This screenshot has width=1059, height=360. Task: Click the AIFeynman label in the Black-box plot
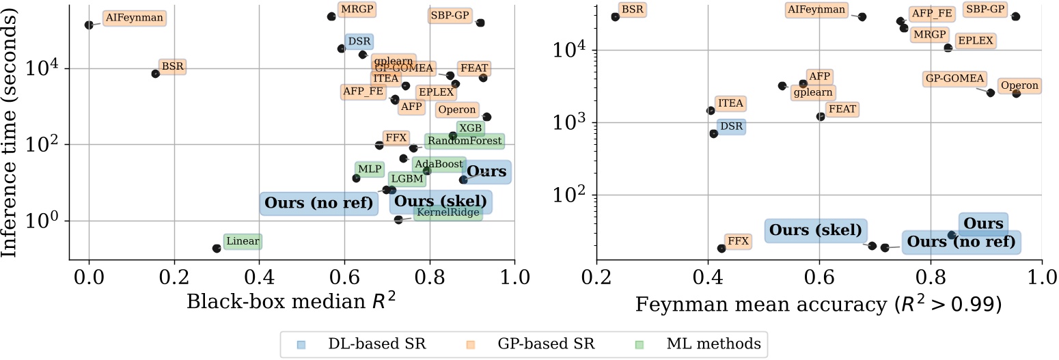[x=134, y=18]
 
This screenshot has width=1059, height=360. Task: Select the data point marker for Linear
[x=217, y=248]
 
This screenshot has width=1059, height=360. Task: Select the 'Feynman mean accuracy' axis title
[x=819, y=304]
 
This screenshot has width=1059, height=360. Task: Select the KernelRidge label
[x=448, y=212]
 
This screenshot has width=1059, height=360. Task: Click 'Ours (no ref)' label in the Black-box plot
[x=319, y=203]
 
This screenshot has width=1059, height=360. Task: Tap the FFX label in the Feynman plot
[x=738, y=240]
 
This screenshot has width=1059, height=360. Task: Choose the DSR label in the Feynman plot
[x=732, y=126]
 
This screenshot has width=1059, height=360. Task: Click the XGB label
[x=470, y=128]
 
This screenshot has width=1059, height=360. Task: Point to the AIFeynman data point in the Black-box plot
[x=89, y=25]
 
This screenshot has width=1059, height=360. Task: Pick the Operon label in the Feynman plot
[x=1018, y=86]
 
